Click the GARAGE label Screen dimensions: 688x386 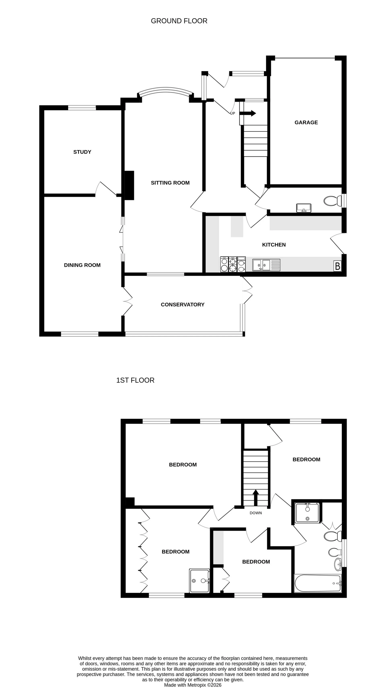point(306,122)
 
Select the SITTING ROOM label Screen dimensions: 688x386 point(170,183)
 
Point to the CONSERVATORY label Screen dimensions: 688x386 point(183,304)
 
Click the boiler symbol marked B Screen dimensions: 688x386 point(337,266)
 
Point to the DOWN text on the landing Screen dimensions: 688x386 point(256,513)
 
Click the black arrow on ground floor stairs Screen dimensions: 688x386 point(248,113)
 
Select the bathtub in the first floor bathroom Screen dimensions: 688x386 point(317,584)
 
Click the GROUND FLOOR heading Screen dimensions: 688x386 point(179,21)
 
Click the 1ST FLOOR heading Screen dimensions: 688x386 point(135,380)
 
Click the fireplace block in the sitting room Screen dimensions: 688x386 point(129,185)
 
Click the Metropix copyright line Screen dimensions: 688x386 point(192,685)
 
